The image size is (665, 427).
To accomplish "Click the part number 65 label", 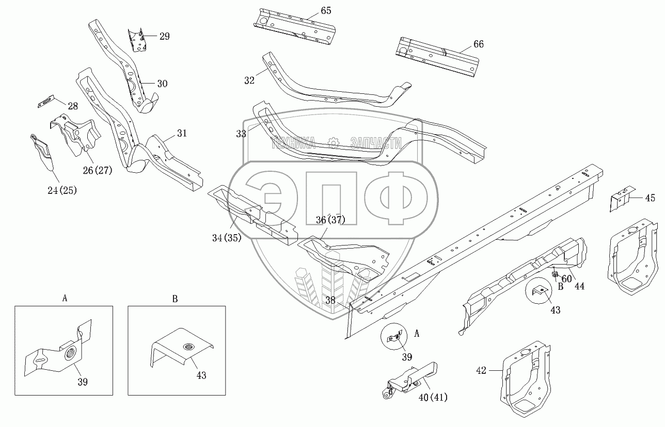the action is (x=326, y=11).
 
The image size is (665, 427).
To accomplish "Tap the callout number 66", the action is (x=479, y=44).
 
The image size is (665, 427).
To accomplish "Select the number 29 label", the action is (x=165, y=37).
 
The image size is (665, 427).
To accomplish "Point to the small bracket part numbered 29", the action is (x=137, y=40).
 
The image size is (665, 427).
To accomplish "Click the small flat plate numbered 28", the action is (x=46, y=102).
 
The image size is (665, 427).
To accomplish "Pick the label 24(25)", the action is (x=62, y=190).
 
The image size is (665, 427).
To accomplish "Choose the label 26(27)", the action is (x=98, y=171).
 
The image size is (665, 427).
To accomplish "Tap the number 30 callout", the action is (x=162, y=84).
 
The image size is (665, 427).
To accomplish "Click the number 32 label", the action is (x=249, y=80).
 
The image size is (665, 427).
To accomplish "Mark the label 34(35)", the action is (x=227, y=238).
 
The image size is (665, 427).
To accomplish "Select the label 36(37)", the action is (x=330, y=220).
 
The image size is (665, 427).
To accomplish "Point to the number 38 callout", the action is (x=330, y=300).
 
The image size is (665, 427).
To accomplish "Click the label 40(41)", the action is (x=433, y=397).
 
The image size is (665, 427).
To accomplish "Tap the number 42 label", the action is (x=481, y=370).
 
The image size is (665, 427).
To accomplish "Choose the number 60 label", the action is (x=567, y=279).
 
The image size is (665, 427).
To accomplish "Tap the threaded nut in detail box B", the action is (x=188, y=346).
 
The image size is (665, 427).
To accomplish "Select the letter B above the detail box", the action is (x=175, y=299).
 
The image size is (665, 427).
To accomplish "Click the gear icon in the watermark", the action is (x=333, y=143).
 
